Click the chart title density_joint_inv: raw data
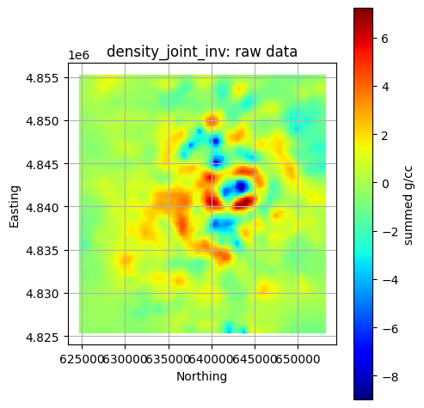pos(202,52)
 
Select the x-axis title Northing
pos(202,376)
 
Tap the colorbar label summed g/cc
pos(409,204)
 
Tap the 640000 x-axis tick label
pos(212,357)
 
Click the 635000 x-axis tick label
pos(169,357)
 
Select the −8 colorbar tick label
pos(390,378)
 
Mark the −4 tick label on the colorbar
pos(390,281)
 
